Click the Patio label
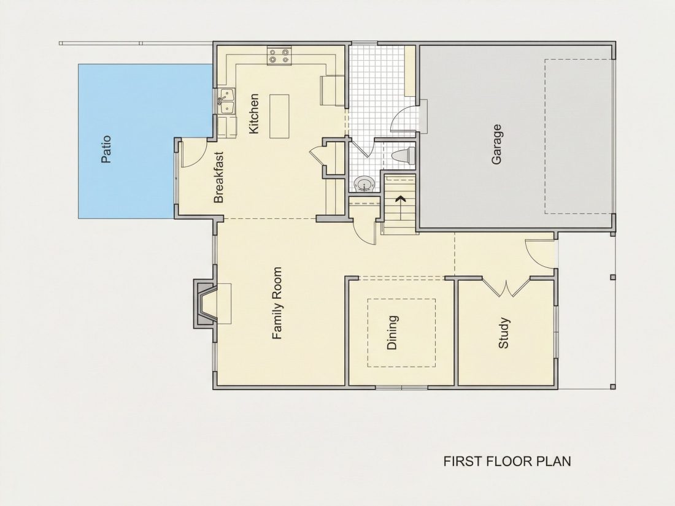pos(106,149)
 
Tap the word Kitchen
pos(253,113)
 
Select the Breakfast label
pos(219,177)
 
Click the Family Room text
pos(277,303)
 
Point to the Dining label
pos(391,332)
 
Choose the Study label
pos(503,332)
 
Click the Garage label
pos(496,144)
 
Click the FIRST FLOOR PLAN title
pos(507,461)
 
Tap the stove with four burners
pos(279,56)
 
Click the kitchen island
pos(279,116)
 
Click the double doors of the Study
pos(506,288)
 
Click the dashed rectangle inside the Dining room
pos(401,332)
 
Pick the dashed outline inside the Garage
pos(578,136)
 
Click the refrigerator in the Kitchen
pos(333,90)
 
